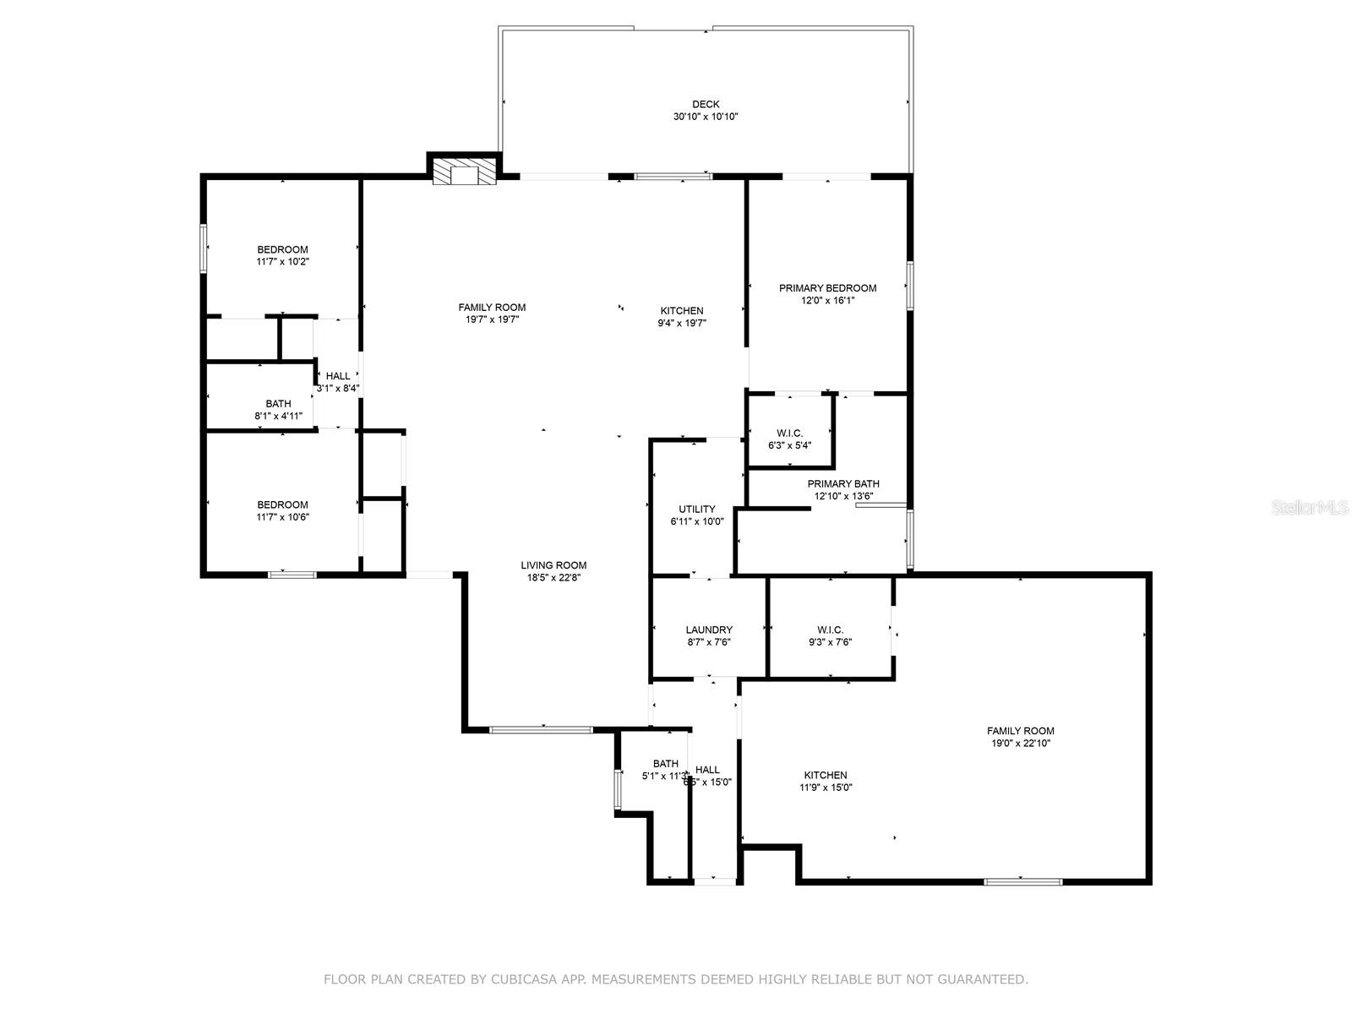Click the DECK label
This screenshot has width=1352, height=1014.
click(706, 105)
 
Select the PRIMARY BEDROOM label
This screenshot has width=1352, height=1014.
click(827, 288)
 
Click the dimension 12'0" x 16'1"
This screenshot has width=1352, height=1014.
click(827, 300)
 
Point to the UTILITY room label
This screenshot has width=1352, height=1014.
click(697, 510)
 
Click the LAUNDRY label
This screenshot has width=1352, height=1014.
click(709, 630)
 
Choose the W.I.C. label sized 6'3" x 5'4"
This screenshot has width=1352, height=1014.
click(790, 433)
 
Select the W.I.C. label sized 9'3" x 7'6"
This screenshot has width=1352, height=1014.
click(830, 630)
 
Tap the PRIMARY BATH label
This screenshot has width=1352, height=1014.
click(842, 484)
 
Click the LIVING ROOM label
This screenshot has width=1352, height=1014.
click(553, 565)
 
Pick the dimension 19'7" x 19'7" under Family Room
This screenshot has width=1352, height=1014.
click(492, 319)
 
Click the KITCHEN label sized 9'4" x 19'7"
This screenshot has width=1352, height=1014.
click(682, 311)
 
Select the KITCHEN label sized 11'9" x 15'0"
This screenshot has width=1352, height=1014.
click(826, 775)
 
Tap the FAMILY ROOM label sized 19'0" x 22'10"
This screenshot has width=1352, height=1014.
click(1021, 731)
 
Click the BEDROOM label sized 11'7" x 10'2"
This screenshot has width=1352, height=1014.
click(282, 249)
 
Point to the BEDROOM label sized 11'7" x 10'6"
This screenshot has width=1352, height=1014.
click(282, 504)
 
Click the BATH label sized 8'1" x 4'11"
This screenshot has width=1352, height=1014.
click(278, 404)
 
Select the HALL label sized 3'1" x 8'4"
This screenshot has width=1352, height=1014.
click(338, 376)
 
